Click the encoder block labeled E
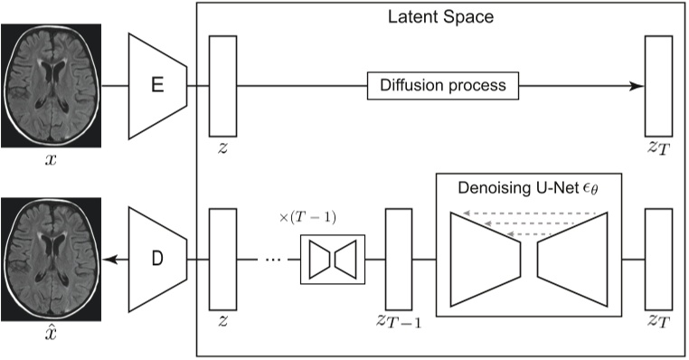157,87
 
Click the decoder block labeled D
157,261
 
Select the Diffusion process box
443,87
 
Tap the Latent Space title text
439,16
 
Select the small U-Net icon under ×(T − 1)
332,261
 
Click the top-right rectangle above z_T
659,87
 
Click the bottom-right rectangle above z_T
659,261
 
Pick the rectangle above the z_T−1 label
399,261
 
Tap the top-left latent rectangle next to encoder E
222,87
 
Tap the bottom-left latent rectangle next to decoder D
222,261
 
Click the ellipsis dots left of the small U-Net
272,261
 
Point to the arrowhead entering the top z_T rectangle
638,87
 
